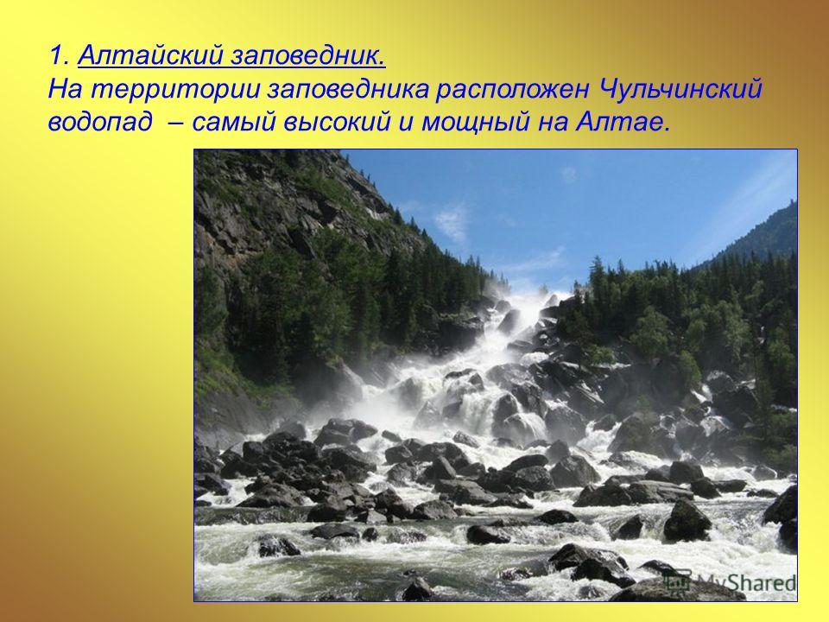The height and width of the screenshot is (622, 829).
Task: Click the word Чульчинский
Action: pos(679,90)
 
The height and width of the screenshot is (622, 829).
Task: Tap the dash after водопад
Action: pos(178,124)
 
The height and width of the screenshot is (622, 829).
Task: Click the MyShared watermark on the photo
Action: pos(731,581)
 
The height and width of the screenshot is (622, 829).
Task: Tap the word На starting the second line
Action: pos(66,90)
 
